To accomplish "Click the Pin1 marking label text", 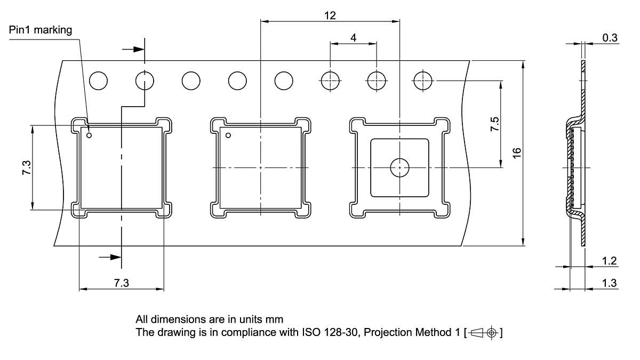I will tap(41, 30).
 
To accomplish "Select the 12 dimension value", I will tap(330, 15).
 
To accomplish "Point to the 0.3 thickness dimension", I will tap(610, 37).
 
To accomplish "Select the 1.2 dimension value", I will tap(609, 261).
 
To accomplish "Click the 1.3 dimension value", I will tap(609, 283).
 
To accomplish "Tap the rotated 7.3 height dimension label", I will tap(26, 168).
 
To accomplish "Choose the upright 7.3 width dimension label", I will tap(122, 283).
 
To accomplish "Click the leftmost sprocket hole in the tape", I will tap(99, 81).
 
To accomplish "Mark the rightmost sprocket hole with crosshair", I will tap(422, 81).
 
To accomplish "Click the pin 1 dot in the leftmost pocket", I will tap(90, 135).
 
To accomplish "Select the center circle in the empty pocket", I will tap(399, 167).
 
